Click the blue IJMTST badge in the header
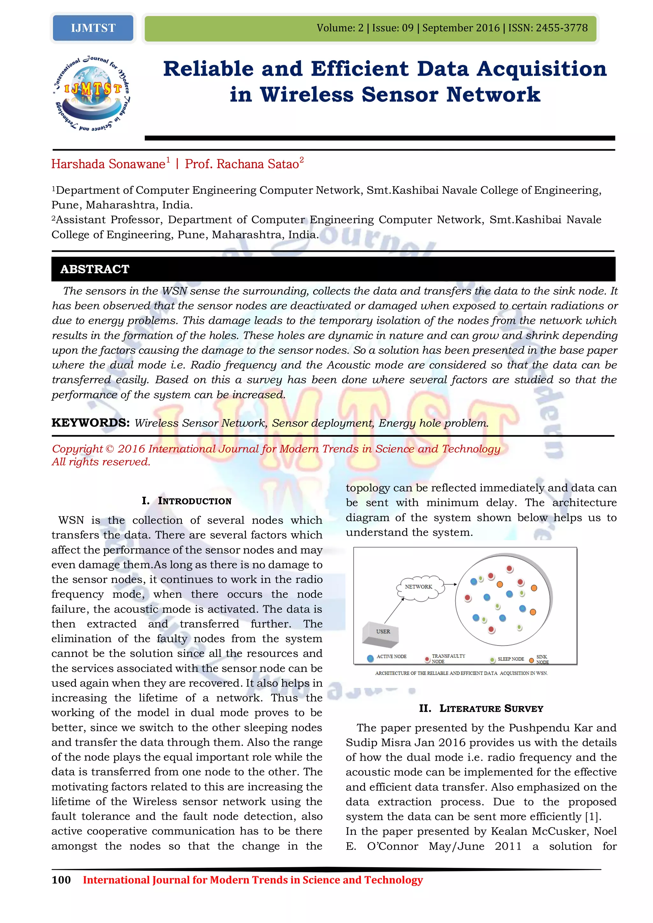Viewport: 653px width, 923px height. (93, 28)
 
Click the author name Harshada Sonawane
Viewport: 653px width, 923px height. (108, 164)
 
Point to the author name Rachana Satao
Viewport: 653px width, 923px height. (257, 164)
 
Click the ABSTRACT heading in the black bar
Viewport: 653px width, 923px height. (95, 269)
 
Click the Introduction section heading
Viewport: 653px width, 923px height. (187, 501)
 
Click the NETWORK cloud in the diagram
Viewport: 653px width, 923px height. (419, 587)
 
